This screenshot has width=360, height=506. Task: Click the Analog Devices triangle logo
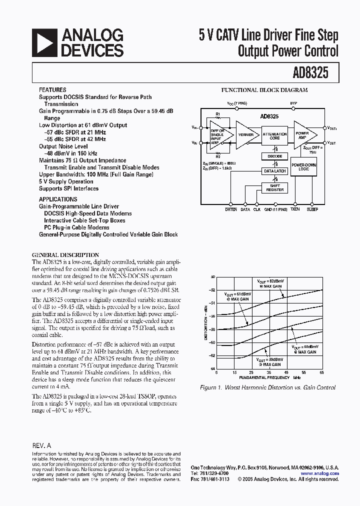pos(43,42)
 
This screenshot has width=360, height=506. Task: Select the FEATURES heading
pos(52,90)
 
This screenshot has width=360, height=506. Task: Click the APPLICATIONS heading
pos(58,199)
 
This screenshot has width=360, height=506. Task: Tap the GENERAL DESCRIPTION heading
pos(65,254)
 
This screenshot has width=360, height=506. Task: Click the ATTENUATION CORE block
pos(274,136)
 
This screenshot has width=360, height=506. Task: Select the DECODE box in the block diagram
pos(274,156)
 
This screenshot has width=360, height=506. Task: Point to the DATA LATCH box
pos(274,171)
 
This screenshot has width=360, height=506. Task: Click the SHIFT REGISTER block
pos(274,187)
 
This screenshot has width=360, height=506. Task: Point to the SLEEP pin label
pos(312,209)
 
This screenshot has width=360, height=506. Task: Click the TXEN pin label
pos(295,209)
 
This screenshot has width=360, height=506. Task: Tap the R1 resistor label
pos(218,114)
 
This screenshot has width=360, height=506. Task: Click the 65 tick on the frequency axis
pos(321,372)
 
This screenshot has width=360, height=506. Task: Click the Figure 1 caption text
pos(267,387)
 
